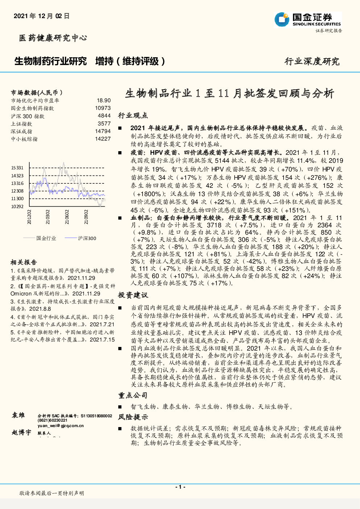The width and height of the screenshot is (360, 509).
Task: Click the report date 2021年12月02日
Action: click(41, 16)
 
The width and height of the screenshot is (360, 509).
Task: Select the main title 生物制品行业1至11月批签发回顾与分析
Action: click(229, 94)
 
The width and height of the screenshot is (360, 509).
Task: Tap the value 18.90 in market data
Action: click(104, 100)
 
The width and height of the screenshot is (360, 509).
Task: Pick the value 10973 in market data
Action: click(103, 108)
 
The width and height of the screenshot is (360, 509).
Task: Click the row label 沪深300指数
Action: click(28, 116)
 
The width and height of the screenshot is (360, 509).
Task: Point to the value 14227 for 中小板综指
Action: click(103, 139)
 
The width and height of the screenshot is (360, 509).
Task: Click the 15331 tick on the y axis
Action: click(17, 168)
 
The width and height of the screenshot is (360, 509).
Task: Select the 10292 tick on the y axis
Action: click(17, 207)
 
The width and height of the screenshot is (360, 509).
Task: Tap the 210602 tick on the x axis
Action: click(67, 217)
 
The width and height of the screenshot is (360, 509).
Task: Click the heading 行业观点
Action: click(133, 115)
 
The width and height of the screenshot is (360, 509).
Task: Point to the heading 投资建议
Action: click(133, 295)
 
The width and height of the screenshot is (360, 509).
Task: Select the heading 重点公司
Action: click(133, 396)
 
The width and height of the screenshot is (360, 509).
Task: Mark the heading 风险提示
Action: click(133, 417)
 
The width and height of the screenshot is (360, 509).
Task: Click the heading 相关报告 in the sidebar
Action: click(24, 262)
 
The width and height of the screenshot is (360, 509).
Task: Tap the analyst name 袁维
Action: click(18, 415)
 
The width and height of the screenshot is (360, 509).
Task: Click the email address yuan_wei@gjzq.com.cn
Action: click(61, 426)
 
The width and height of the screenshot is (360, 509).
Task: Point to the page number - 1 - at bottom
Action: click(180, 487)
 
